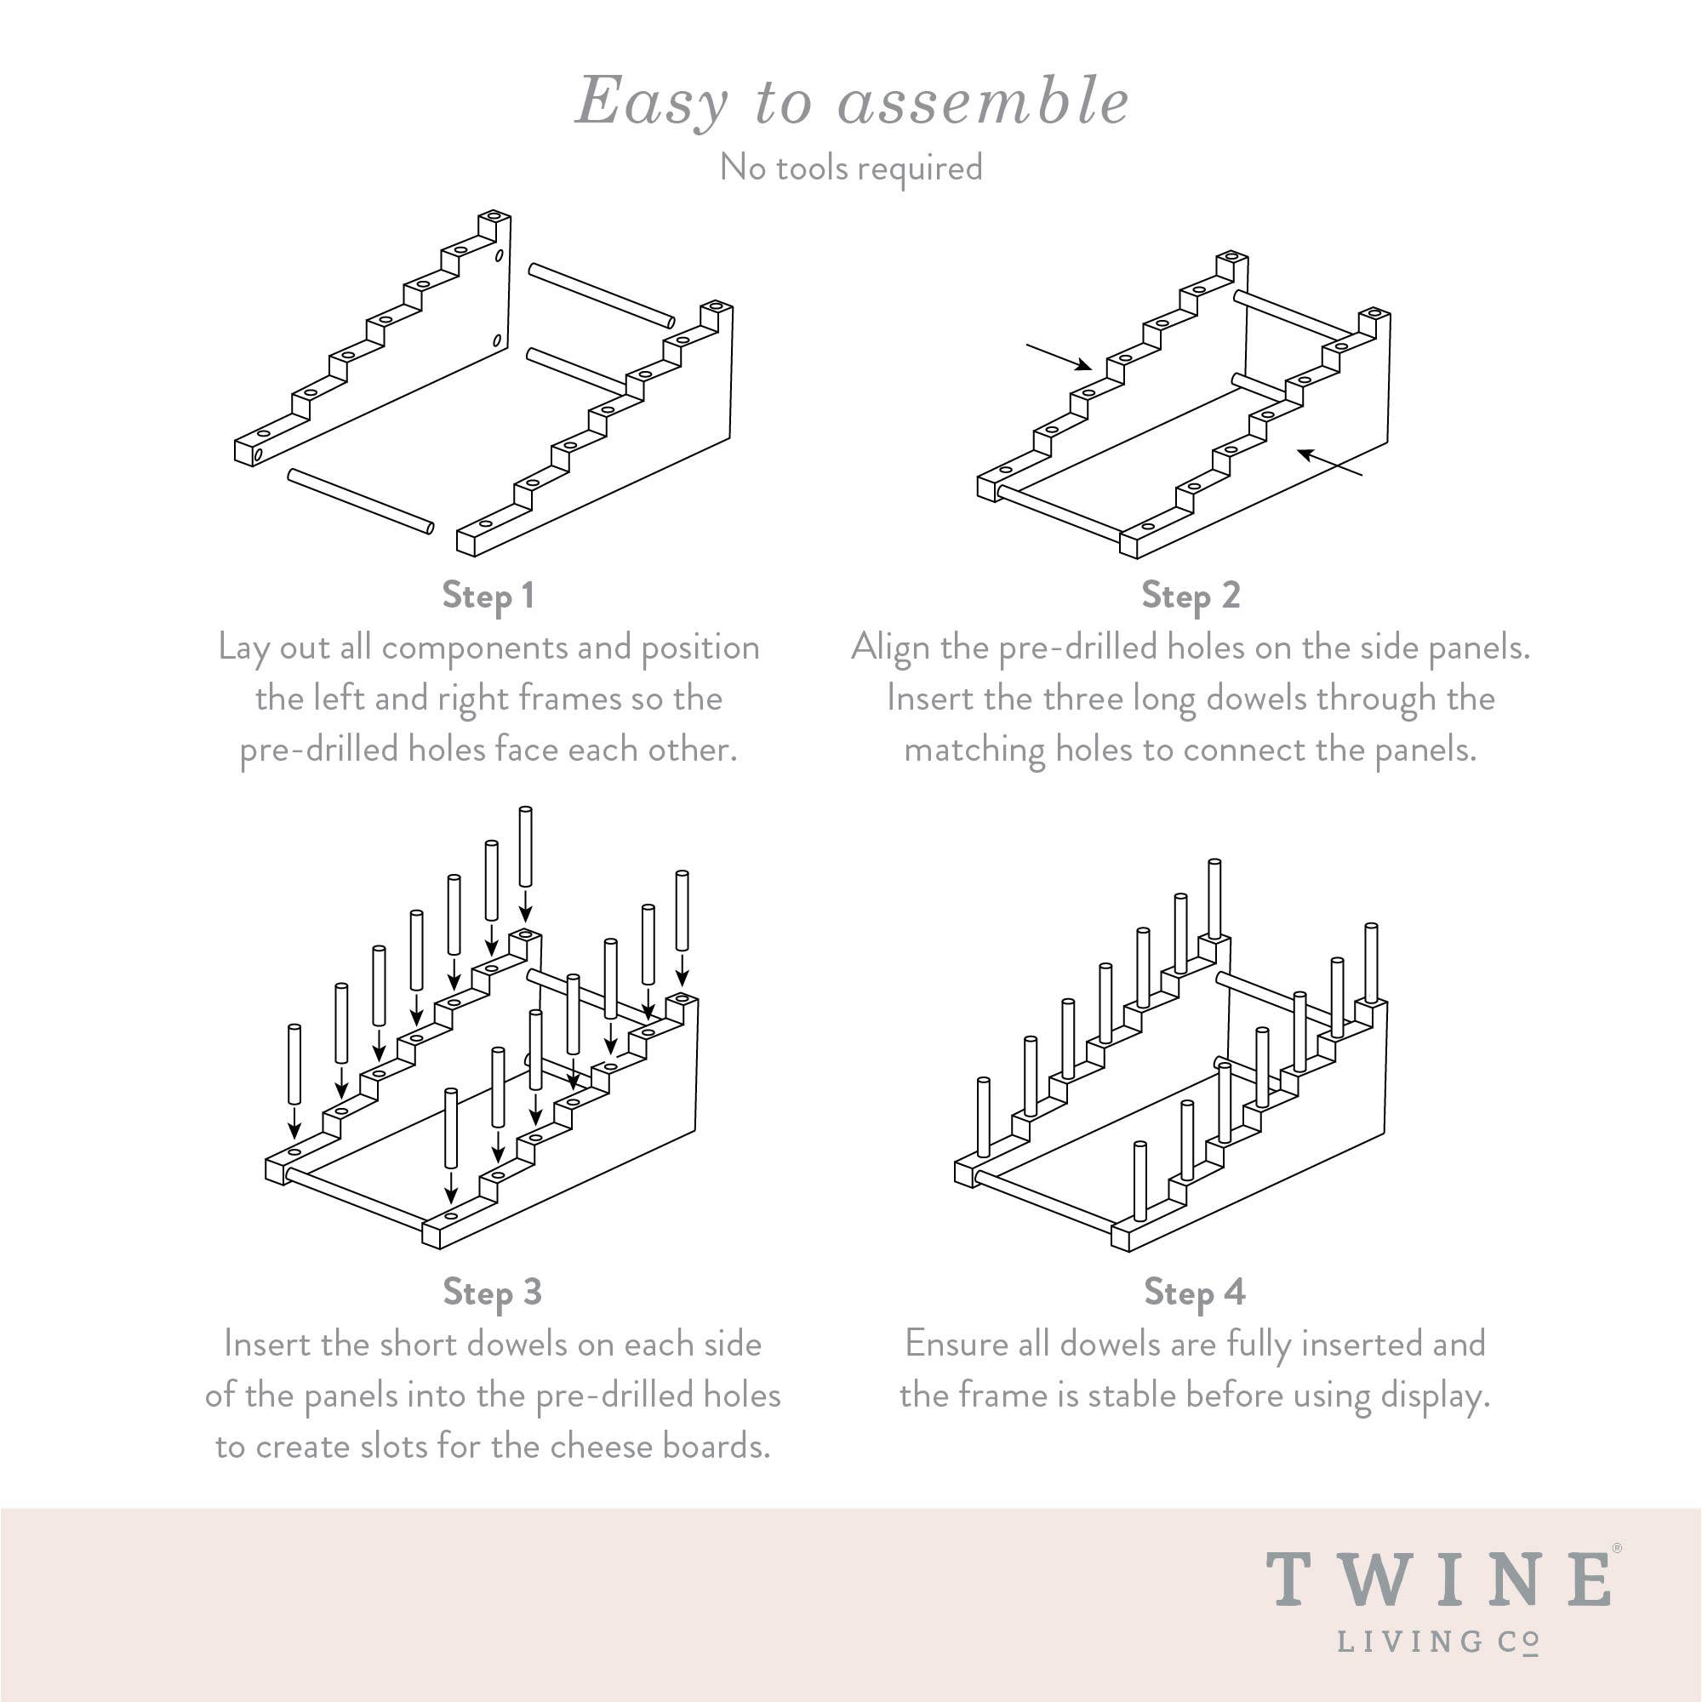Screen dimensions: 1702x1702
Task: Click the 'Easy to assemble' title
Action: coord(851,102)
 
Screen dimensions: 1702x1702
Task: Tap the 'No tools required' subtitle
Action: coord(851,168)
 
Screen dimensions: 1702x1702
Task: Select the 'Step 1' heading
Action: coord(488,596)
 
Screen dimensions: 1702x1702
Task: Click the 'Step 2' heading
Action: coord(1191,596)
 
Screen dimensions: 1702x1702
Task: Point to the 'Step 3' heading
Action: coord(492,1293)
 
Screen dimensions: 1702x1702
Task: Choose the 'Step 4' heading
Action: coord(1195,1293)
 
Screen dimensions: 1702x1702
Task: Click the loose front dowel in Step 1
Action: coord(361,501)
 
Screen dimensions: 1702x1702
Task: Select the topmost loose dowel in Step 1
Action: coord(602,294)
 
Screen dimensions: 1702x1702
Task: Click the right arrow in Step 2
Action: coord(1330,465)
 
